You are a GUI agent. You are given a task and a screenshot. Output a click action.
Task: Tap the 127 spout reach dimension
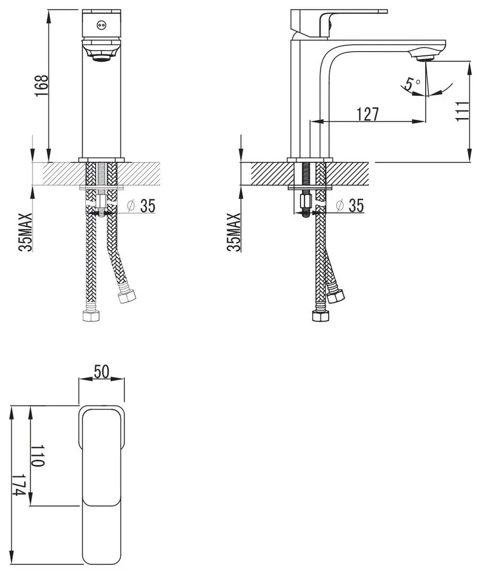click(368, 114)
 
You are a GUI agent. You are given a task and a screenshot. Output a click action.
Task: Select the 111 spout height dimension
click(462, 111)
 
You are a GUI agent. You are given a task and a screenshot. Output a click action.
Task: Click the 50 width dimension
click(101, 372)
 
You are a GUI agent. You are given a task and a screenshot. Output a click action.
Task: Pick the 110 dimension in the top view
click(37, 455)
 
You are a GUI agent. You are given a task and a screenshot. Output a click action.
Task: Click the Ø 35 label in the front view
click(142, 206)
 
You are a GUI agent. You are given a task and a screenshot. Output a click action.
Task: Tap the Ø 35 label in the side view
click(351, 206)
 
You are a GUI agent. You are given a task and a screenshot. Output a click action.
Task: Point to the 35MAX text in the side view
click(234, 232)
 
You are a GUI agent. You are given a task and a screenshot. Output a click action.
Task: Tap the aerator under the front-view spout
click(101, 56)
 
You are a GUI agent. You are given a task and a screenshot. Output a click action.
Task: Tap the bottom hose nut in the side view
click(320, 317)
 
